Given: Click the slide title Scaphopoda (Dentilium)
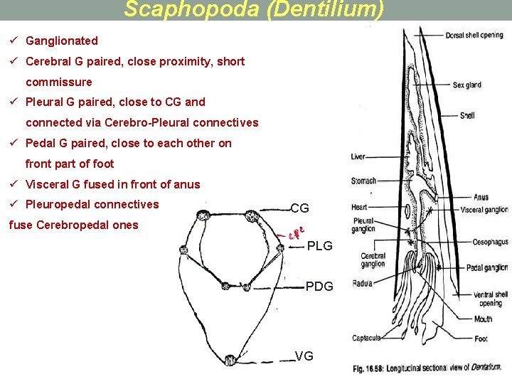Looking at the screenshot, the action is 254,10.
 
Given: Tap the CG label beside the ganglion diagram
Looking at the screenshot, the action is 299,208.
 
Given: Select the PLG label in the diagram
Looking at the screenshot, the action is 319,247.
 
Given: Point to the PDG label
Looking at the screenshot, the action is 319,287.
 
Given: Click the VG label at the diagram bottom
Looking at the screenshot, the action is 304,356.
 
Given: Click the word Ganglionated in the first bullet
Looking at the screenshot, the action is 62,41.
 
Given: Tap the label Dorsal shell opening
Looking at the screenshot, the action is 474,36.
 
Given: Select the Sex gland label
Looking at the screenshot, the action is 467,85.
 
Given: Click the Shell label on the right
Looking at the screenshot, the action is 467,115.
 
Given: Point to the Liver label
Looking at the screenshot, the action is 358,156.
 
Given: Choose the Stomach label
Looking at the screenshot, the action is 363,181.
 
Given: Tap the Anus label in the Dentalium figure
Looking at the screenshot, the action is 481,197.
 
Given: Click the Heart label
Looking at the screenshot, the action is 359,207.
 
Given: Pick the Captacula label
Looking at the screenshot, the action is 366,338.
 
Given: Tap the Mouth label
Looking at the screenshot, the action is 484,319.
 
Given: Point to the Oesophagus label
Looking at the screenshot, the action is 490,242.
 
